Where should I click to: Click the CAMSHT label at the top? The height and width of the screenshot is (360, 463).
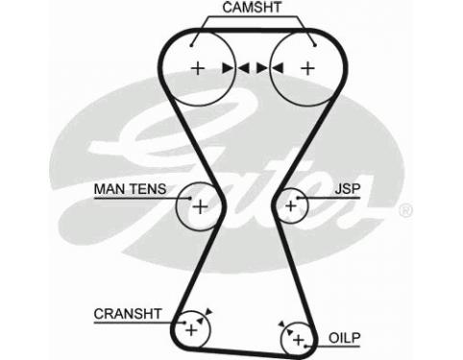click(252, 8)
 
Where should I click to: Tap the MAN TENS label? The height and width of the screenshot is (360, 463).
click(130, 189)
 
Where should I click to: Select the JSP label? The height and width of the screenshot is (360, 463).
click(348, 189)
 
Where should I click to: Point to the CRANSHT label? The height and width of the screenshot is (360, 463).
click(128, 314)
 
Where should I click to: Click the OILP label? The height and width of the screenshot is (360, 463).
click(345, 338)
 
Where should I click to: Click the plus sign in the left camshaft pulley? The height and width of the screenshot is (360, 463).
click(198, 68)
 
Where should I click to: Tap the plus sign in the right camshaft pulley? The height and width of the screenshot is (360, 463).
click(308, 68)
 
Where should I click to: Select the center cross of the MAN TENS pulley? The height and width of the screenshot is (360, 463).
click(201, 206)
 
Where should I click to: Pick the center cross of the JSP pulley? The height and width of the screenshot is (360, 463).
click(291, 205)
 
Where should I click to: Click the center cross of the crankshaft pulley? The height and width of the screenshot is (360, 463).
click(191, 329)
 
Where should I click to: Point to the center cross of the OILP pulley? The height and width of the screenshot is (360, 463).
click(299, 340)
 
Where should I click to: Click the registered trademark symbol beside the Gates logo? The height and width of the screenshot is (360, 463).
click(405, 210)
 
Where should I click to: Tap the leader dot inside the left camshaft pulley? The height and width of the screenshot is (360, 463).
click(191, 45)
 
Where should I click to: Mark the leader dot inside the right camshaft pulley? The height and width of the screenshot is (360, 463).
click(315, 45)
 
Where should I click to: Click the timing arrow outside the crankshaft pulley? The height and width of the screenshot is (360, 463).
click(208, 311)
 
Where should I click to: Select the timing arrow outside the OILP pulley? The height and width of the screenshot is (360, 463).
click(281, 324)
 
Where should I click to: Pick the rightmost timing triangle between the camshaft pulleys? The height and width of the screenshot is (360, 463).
click(278, 68)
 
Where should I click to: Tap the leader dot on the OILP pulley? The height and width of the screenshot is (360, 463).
click(305, 346)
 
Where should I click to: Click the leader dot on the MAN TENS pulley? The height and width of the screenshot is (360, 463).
click(190, 198)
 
